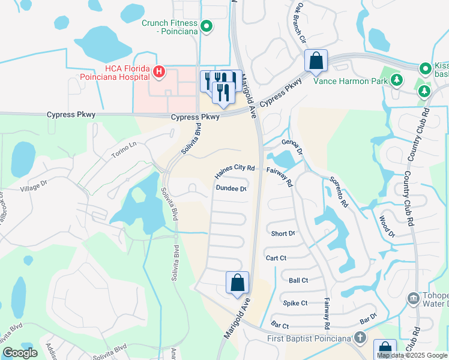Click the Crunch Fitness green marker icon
206,26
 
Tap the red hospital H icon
158,73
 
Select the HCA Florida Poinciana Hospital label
114,73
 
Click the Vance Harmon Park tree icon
396,80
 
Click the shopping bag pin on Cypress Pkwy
315,61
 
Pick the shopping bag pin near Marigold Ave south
238,283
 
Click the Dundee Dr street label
232,189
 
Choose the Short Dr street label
283,233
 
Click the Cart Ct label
276,257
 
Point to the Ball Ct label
298,280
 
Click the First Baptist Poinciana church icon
360,338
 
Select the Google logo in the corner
20,353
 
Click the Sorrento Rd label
338,193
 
